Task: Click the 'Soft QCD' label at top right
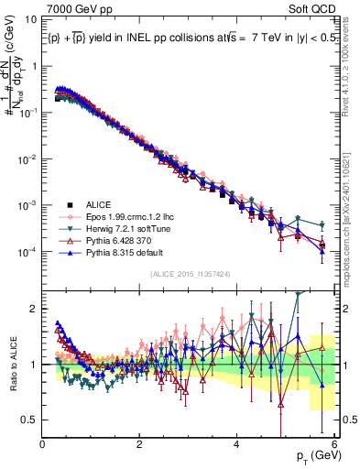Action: pos(315,9)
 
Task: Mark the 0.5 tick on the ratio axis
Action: pos(29,420)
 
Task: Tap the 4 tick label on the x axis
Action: pos(236,444)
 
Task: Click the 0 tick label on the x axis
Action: pos(43,444)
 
